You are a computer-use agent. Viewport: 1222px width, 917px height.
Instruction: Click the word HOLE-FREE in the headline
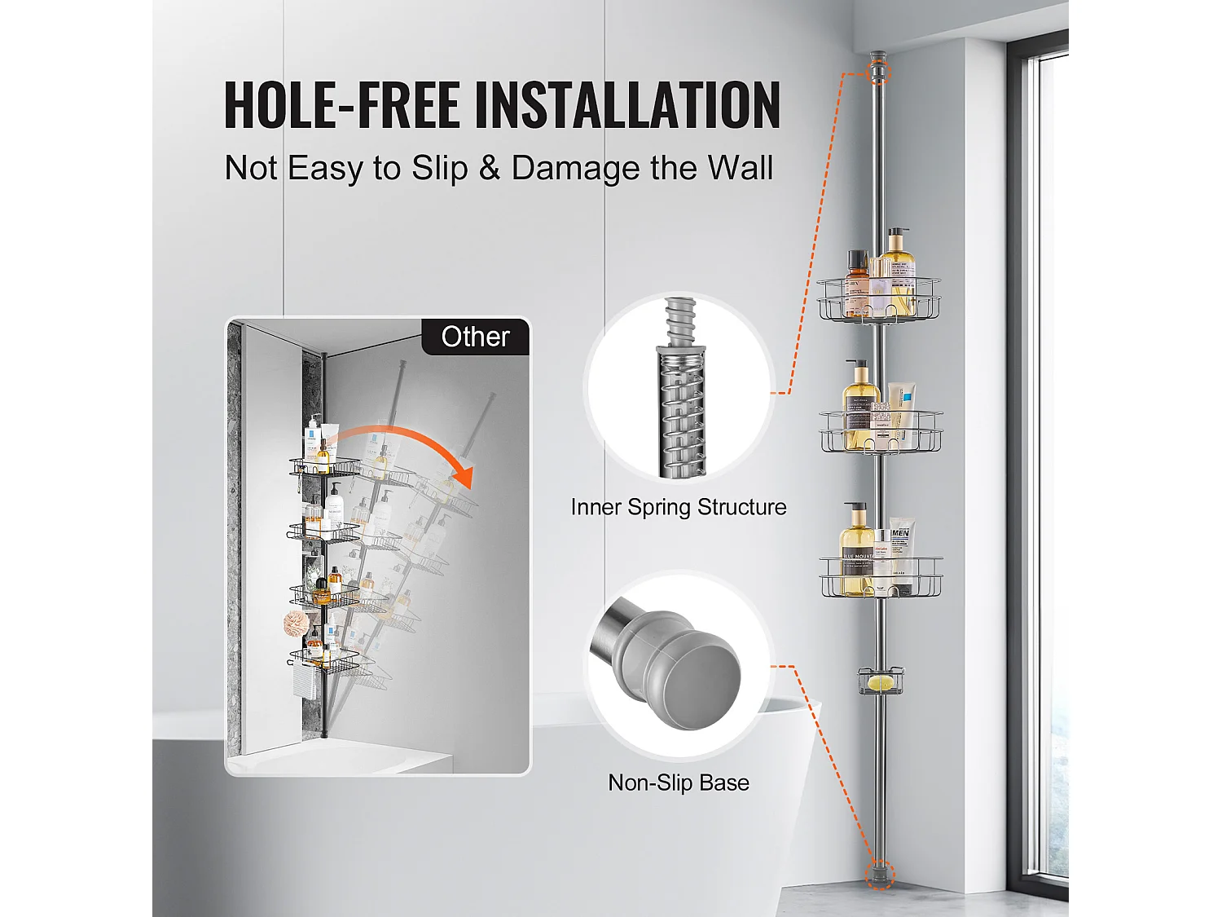(x=342, y=104)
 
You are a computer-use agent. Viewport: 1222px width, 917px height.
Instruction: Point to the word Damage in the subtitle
(x=576, y=168)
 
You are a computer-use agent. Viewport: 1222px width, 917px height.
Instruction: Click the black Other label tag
(x=475, y=337)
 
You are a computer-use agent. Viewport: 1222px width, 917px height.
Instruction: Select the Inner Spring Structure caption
(x=679, y=507)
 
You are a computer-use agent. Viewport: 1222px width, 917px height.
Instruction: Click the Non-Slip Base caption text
(x=679, y=783)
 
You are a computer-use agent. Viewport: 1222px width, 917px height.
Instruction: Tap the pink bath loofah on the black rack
(x=298, y=623)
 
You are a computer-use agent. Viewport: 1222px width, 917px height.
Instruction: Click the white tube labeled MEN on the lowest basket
(x=902, y=553)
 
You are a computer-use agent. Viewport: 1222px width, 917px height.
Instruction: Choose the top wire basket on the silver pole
(x=878, y=301)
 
